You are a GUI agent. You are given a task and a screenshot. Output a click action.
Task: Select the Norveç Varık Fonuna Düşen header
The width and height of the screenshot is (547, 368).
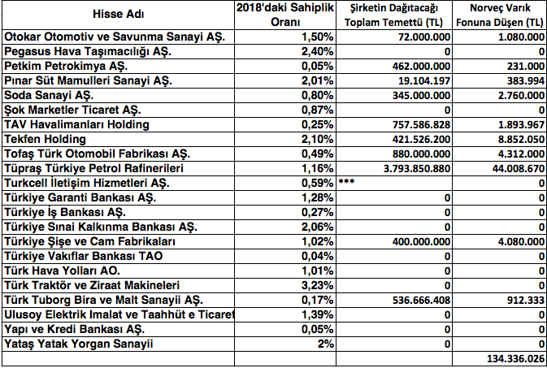point(501,14)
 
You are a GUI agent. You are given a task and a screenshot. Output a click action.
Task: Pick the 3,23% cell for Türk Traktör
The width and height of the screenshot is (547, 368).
point(317,285)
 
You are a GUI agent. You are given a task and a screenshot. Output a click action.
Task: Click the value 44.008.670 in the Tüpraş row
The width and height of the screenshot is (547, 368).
point(512,168)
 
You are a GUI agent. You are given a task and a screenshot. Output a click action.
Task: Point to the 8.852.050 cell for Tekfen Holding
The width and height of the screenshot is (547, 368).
point(515,139)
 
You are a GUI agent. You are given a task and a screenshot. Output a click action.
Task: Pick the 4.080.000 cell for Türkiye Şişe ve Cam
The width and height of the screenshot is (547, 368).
point(515,241)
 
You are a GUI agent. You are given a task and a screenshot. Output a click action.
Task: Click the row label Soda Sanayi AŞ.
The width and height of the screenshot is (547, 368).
point(49,95)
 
